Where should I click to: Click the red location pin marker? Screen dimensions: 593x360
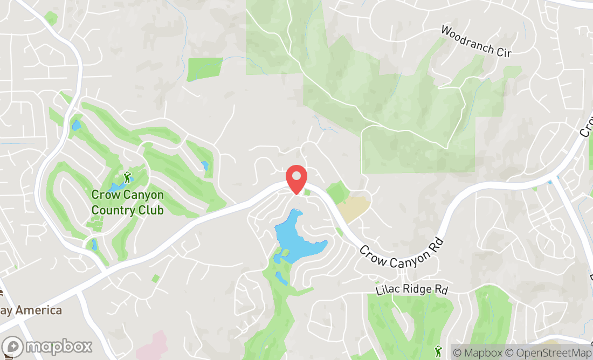[x=296, y=178]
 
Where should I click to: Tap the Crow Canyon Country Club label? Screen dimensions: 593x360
[x=127, y=202]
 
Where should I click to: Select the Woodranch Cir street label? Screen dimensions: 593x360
[x=475, y=40]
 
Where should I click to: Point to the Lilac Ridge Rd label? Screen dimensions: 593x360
[x=411, y=289]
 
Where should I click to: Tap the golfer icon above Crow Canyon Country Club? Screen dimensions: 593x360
[x=128, y=176]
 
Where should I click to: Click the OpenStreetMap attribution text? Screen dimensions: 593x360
[x=546, y=353]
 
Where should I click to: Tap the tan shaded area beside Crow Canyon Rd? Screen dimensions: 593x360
[x=354, y=208]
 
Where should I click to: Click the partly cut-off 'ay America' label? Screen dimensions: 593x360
[x=38, y=310]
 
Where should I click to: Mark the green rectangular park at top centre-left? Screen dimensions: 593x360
[x=205, y=69]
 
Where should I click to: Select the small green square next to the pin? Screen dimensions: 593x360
[x=307, y=192]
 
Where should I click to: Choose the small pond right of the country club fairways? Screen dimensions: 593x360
[x=204, y=165]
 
